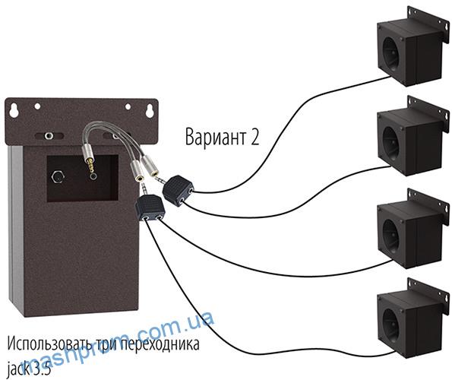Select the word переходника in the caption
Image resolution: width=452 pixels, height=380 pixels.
click(x=160, y=345)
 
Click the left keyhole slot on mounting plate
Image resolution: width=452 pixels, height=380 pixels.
click(x=14, y=111)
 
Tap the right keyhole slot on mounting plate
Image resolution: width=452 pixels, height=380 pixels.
click(x=150, y=111)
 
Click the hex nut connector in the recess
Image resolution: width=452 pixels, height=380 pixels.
click(x=58, y=177)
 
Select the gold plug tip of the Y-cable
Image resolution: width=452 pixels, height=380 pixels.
click(x=90, y=163)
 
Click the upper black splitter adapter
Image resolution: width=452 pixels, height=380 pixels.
click(x=179, y=190)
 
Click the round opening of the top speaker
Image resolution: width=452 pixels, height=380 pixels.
click(x=391, y=55)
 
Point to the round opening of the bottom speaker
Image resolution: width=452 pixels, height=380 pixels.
click(x=391, y=326)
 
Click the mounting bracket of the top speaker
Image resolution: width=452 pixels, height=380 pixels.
click(x=428, y=22)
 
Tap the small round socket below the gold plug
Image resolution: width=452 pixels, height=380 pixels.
click(x=93, y=176)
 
